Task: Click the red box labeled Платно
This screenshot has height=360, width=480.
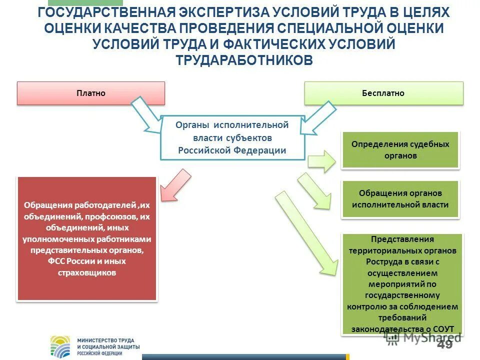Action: (x=91, y=93)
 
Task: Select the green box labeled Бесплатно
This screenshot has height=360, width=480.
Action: (x=383, y=93)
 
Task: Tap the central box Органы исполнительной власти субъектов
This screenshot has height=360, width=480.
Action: (x=232, y=137)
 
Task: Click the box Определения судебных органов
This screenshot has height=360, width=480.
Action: (x=400, y=150)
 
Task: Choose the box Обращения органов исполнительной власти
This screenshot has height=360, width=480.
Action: (x=400, y=198)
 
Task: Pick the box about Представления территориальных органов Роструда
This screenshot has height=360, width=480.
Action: (x=403, y=283)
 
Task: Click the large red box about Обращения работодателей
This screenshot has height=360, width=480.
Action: (x=87, y=238)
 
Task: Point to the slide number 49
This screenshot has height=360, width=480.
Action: (x=444, y=344)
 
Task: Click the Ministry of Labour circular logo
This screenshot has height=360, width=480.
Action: (x=62, y=346)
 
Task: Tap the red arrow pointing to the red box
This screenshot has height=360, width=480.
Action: (x=175, y=184)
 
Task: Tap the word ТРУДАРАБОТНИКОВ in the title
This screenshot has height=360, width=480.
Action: (x=244, y=60)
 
